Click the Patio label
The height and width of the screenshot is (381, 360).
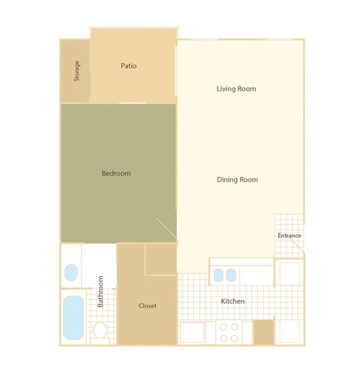pos(128,66)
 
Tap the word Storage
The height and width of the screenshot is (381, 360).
pos(76,70)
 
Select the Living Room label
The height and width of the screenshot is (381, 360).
pos(236,88)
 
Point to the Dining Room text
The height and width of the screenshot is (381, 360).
pos(237,179)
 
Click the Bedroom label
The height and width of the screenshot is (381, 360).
pos(115,173)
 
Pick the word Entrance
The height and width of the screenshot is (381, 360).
pos(289,235)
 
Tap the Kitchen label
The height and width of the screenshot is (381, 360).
pos(232,301)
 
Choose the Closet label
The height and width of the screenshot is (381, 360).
pos(148,306)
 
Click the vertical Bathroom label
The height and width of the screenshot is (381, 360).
pos(100,292)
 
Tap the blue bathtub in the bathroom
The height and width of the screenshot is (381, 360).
pos(73,317)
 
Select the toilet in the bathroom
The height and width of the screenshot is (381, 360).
pos(100,330)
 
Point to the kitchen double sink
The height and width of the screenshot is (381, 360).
pos(224,274)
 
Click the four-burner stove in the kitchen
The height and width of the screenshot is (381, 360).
pos(230,332)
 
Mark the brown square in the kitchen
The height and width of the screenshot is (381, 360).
pos(263,331)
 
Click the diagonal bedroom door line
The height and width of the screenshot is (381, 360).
pos(166,229)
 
